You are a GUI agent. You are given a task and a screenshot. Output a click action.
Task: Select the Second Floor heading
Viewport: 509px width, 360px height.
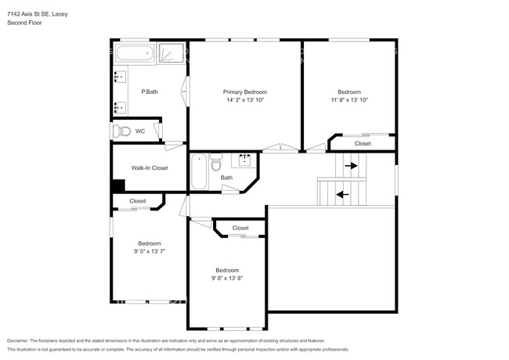25,23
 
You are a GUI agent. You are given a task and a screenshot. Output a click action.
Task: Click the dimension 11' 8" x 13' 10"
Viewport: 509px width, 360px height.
349,100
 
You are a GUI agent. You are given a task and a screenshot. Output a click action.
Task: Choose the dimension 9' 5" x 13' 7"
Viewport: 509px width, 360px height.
150,251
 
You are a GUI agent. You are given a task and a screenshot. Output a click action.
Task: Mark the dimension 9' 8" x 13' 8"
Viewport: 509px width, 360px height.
227,278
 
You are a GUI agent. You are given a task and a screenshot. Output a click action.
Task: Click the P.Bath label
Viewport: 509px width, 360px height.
150,92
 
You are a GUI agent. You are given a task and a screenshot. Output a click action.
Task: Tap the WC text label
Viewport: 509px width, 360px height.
140,131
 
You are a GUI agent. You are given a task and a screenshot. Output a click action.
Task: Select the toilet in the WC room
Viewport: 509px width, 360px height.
121,131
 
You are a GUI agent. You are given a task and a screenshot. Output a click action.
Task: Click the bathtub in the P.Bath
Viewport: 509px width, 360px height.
135,54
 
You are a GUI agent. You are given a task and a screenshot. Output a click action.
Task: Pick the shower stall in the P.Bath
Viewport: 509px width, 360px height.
171,53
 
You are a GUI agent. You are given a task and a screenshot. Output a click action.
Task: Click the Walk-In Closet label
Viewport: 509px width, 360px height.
150,167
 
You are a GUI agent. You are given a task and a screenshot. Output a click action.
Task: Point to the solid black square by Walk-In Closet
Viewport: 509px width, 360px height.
117,185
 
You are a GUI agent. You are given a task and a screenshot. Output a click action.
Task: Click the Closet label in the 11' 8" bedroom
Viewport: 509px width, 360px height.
363,143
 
